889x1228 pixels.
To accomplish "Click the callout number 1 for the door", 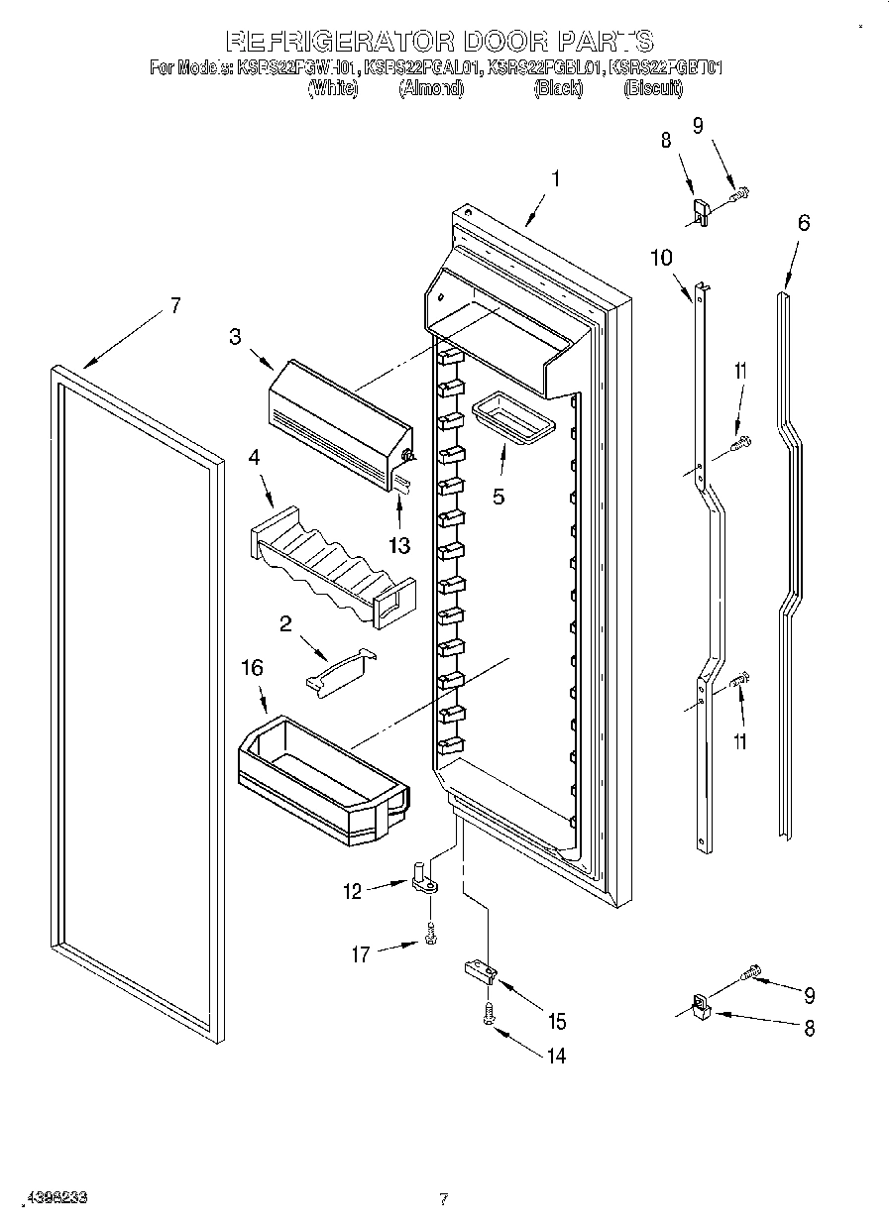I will [x=555, y=179].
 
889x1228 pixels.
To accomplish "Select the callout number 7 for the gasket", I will [x=174, y=305].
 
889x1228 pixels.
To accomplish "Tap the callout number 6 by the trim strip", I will [x=803, y=223].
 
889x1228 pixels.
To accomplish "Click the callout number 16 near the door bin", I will [x=253, y=668].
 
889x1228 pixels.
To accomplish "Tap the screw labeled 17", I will [x=430, y=933].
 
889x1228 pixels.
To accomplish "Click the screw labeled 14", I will [x=488, y=1013].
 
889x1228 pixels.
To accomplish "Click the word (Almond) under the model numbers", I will [x=430, y=89].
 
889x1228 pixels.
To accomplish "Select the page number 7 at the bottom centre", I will [x=444, y=1199].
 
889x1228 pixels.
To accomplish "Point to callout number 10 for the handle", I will [x=660, y=258].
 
